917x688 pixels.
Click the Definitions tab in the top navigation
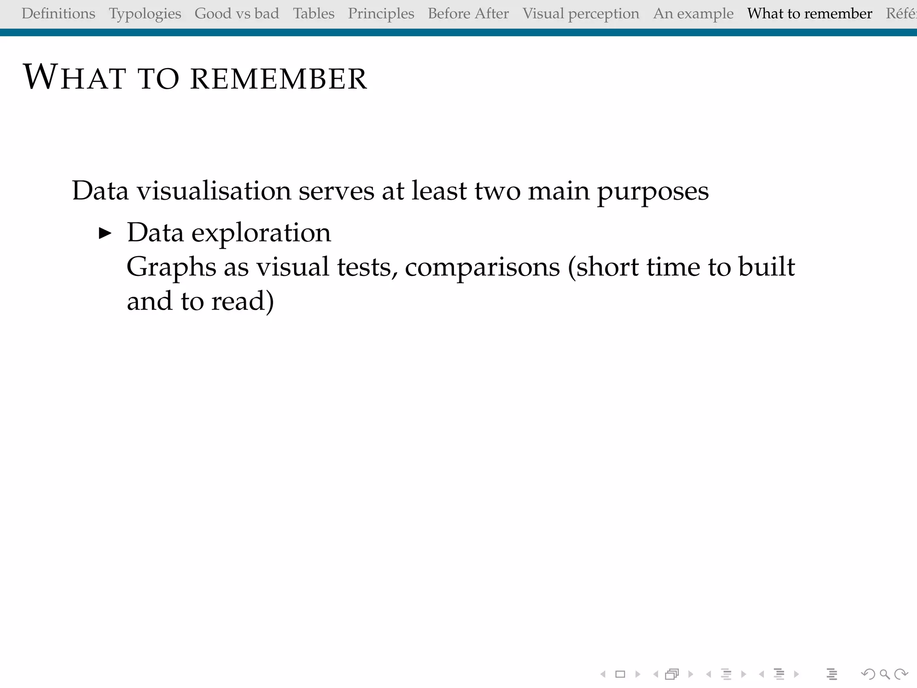click(58, 13)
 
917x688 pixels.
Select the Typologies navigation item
click(145, 14)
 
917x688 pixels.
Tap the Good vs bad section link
click(237, 13)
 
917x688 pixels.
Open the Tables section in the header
click(313, 13)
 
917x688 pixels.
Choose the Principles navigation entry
click(381, 14)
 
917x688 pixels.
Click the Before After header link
click(468, 13)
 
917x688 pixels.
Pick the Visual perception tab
click(581, 14)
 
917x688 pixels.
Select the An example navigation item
click(693, 14)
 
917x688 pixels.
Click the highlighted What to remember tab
click(810, 13)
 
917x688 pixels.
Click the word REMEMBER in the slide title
click(279, 79)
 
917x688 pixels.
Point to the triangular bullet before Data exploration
click(105, 233)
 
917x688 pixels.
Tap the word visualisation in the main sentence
click(214, 191)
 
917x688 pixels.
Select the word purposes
click(653, 191)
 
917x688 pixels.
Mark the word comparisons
click(482, 267)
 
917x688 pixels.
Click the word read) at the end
click(242, 301)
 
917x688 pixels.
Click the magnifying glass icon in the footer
click(884, 674)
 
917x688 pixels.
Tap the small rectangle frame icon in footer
click(620, 674)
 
